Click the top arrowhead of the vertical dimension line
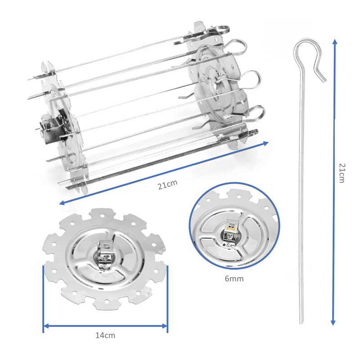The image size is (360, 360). [333, 42]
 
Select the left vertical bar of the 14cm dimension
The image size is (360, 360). [43, 299]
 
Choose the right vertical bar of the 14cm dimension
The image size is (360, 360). [167, 299]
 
